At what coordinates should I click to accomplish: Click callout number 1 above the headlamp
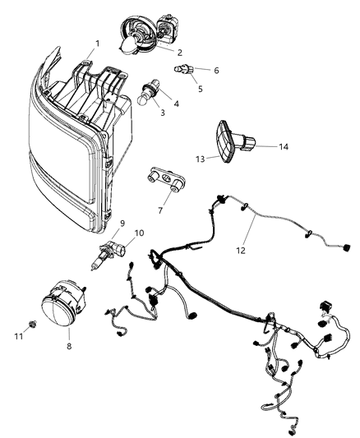pyautogui.click(x=98, y=43)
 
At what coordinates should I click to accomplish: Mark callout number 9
pyautogui.click(x=122, y=222)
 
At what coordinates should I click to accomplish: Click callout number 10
pyautogui.click(x=139, y=233)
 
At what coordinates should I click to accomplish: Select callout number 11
pyautogui.click(x=19, y=336)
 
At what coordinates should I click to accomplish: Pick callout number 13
pyautogui.click(x=200, y=158)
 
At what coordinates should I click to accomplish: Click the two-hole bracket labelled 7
pyautogui.click(x=164, y=178)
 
